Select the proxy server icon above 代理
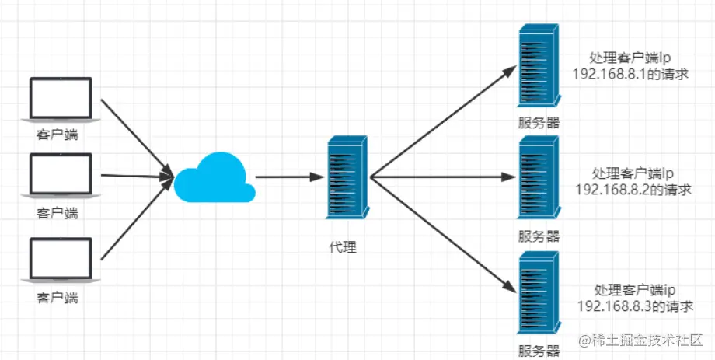click(x=347, y=177)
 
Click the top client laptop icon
click(x=60, y=100)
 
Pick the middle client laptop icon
click(x=60, y=176)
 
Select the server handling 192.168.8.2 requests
click(x=539, y=179)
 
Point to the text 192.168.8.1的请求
click(x=632, y=75)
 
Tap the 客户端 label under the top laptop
click(x=58, y=135)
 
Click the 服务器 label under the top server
click(x=539, y=123)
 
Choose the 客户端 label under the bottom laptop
click(x=58, y=298)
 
